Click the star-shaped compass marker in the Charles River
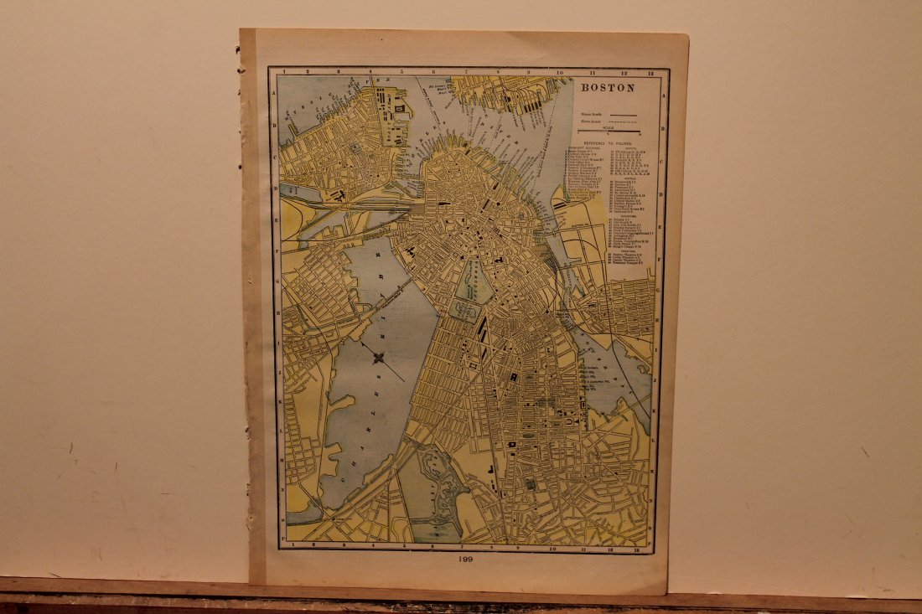click(x=378, y=359)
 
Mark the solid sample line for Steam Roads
click(x=624, y=113)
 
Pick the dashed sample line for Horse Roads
click(x=624, y=121)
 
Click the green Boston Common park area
click(x=478, y=286)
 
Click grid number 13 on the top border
click(x=650, y=73)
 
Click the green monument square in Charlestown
click(x=355, y=147)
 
